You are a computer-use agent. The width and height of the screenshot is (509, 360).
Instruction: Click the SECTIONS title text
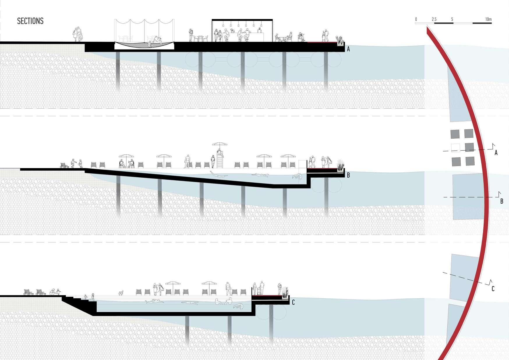point(30,21)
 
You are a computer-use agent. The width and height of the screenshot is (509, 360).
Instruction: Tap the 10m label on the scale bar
point(488,20)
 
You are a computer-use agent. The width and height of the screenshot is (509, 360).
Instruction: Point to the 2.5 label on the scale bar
point(434,20)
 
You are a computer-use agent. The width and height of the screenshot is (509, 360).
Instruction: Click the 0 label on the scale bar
point(416,20)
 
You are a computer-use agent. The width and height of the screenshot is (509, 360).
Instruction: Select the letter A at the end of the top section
point(348,50)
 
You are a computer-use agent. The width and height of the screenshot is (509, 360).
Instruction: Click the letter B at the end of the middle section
point(348,175)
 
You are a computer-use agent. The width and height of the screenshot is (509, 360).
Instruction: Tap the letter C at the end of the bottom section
point(293,303)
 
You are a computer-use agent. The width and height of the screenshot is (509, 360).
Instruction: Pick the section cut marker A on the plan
point(496,152)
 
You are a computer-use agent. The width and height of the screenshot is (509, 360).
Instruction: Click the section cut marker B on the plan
point(501,201)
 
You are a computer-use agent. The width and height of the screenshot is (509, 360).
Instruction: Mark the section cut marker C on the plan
point(493,289)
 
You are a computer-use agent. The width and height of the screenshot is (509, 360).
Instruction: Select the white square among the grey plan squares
point(455,148)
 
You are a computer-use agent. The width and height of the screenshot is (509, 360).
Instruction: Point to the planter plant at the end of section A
point(340,40)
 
